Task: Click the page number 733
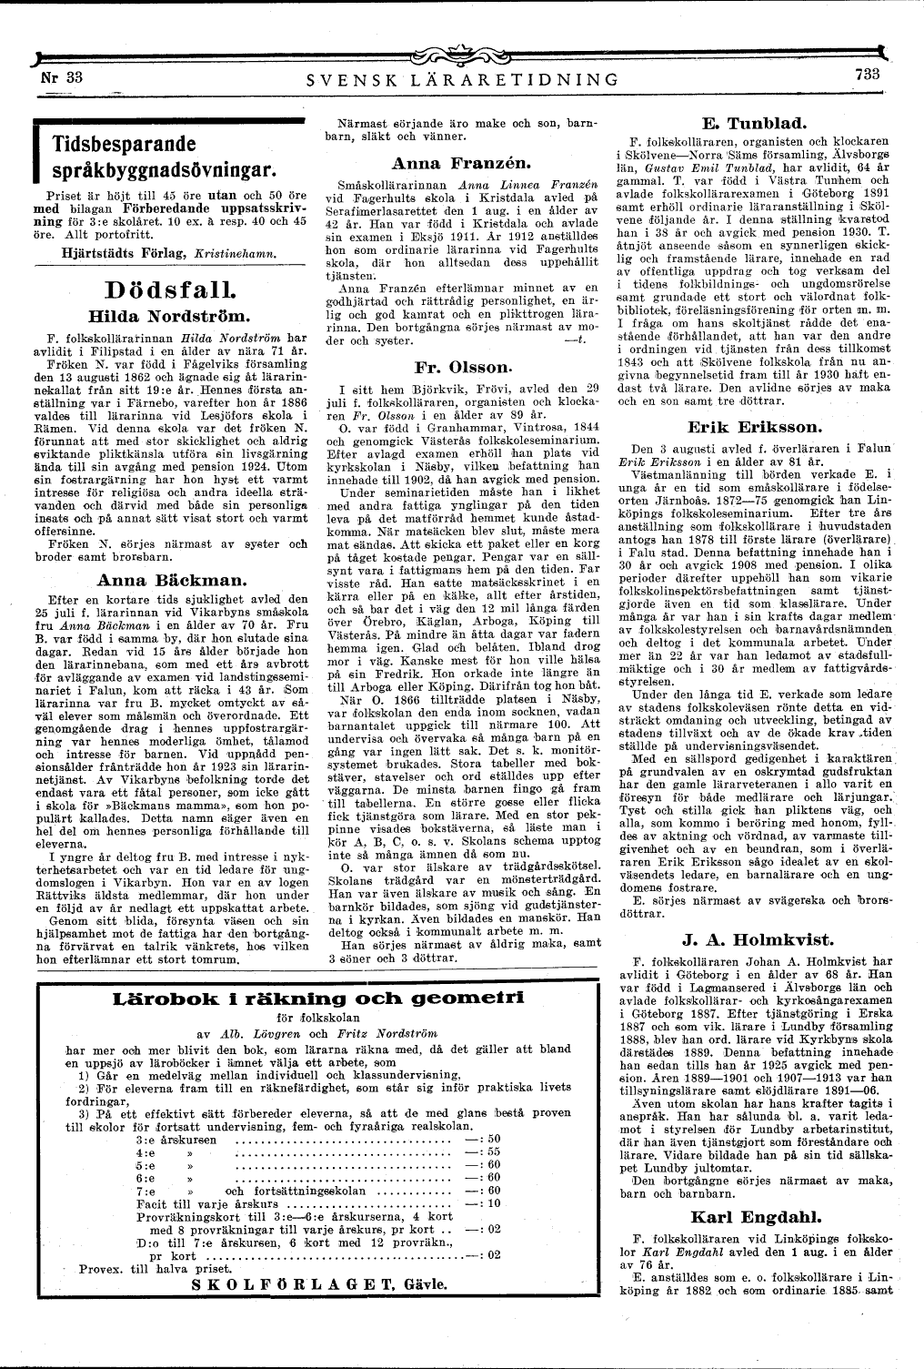869,76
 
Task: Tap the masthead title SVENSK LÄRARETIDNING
463,80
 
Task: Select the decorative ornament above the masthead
462,57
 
